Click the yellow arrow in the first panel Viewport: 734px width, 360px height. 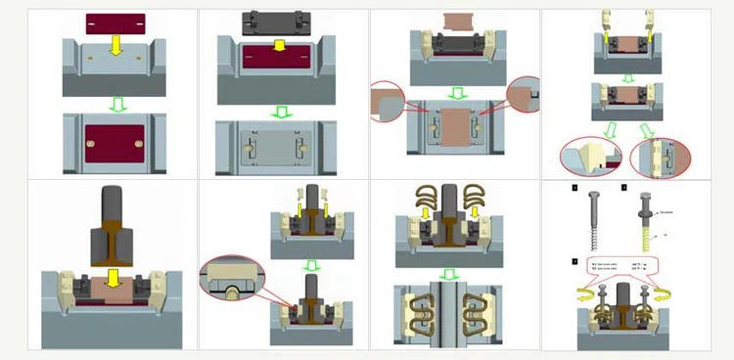[x=115, y=43]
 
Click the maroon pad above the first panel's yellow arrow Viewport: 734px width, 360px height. [x=115, y=21]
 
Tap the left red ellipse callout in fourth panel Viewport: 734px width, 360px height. [x=590, y=157]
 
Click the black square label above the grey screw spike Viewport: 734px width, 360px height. [x=575, y=186]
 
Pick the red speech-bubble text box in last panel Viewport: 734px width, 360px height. [x=620, y=266]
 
